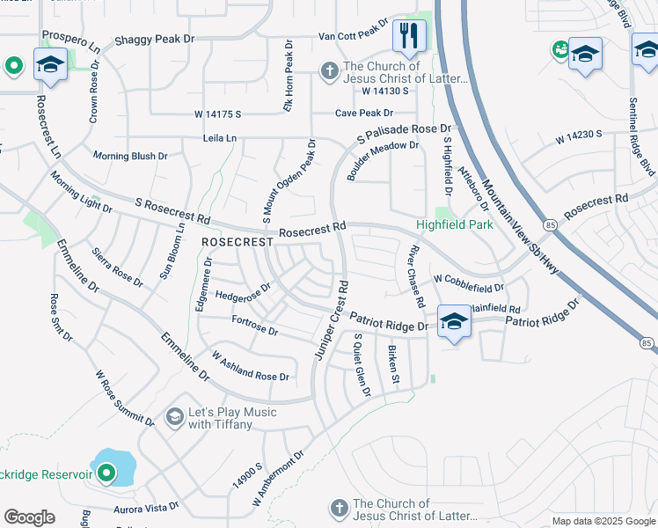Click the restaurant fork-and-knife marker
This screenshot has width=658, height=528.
(409, 36)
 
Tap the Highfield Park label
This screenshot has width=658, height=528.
(455, 225)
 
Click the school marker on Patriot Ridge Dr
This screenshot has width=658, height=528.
(453, 322)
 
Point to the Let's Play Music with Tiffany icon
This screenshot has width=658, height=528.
(174, 415)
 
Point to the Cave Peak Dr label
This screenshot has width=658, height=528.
(364, 114)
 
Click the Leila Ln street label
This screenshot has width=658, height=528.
(220, 138)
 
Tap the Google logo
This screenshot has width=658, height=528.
(29, 517)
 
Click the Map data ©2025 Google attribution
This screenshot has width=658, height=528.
(602, 521)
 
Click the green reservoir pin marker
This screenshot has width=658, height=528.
(106, 474)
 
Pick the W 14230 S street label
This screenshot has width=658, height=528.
(578, 136)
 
